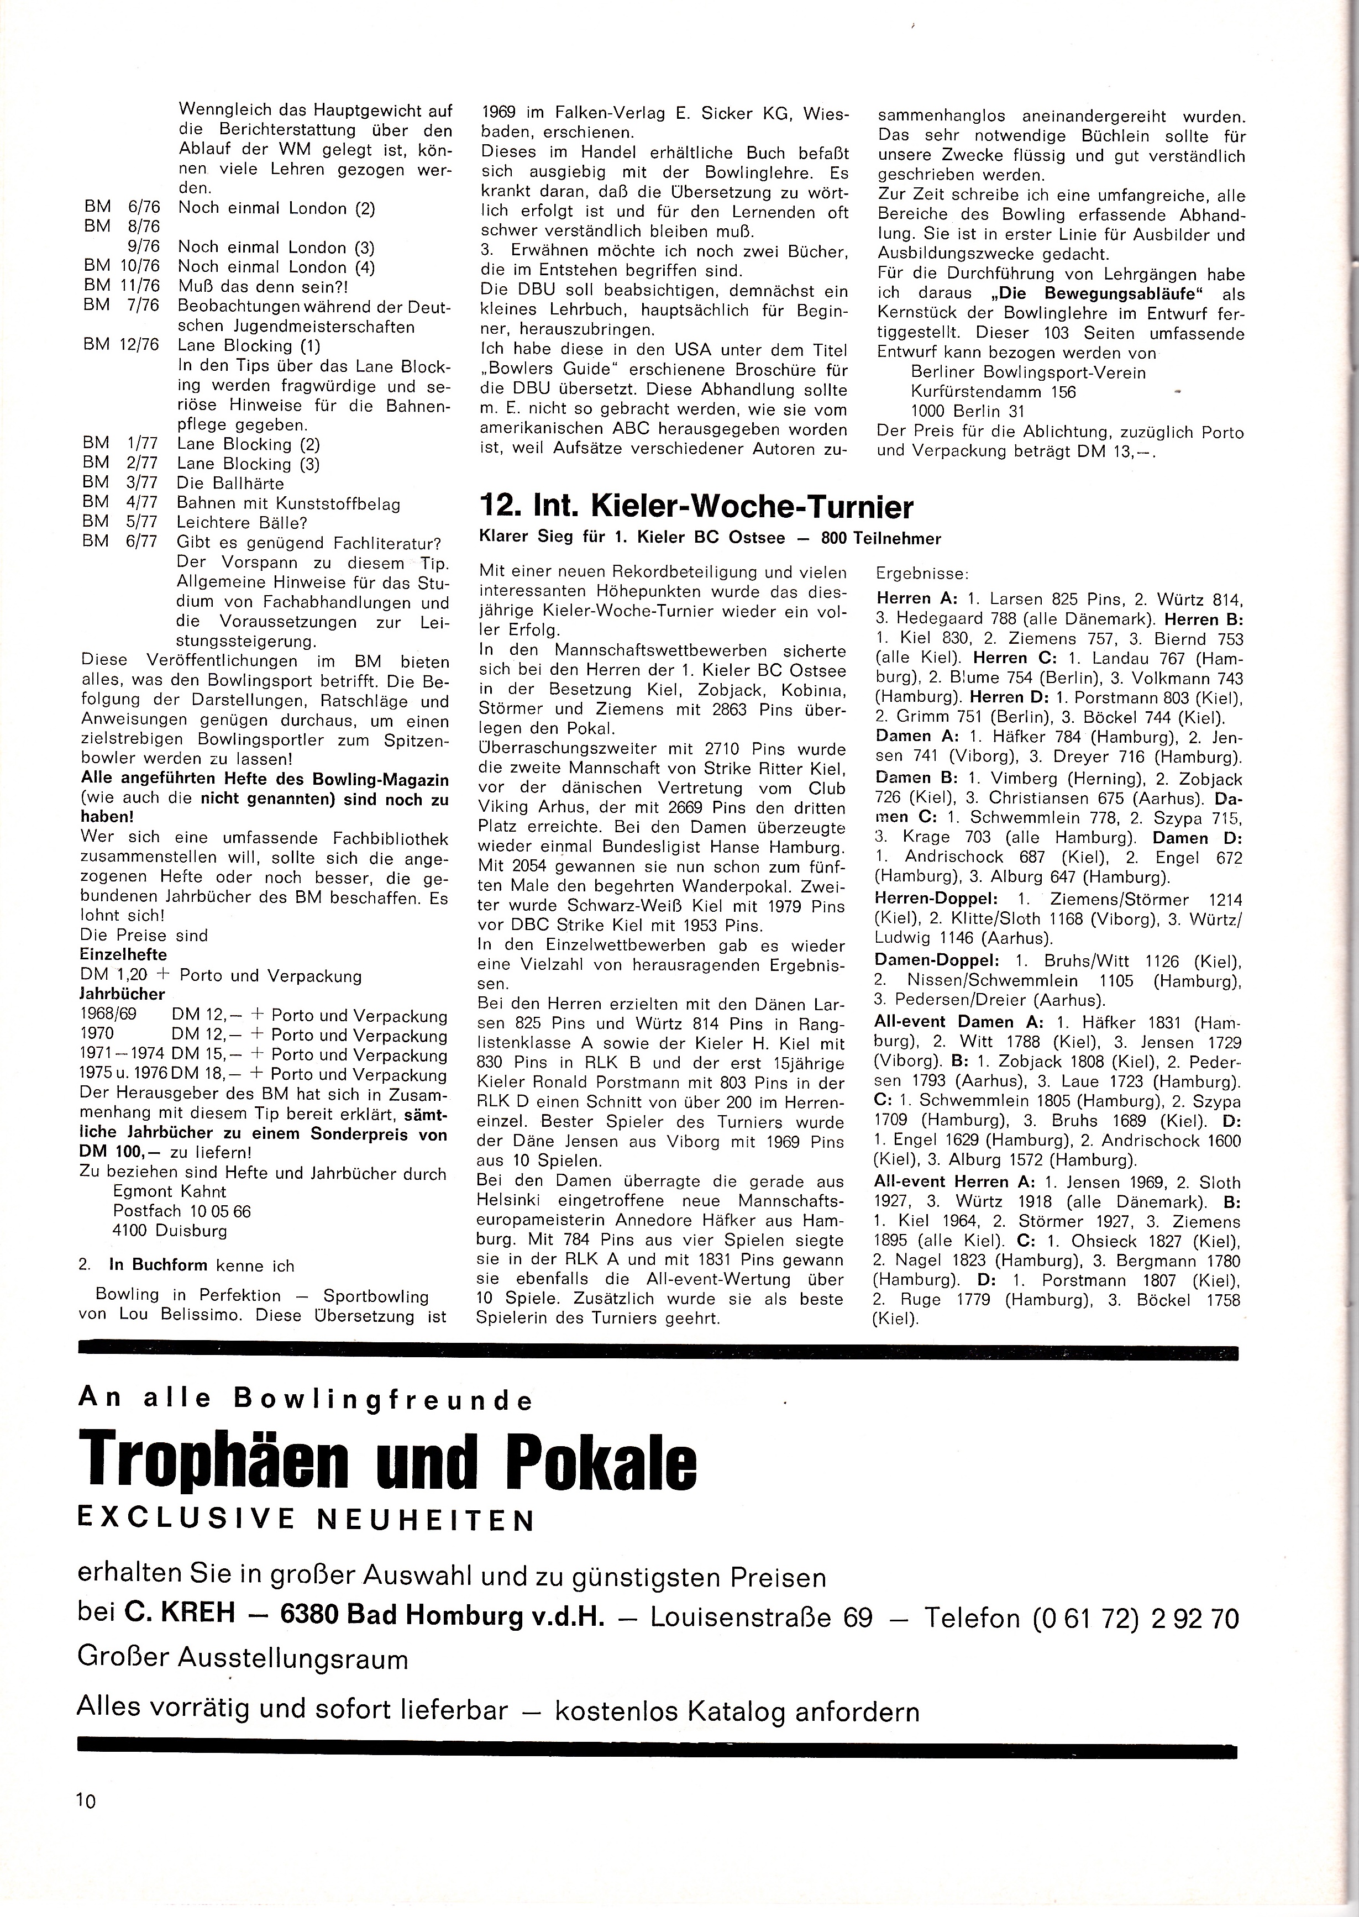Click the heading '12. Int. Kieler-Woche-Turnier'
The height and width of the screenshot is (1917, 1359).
pos(695,507)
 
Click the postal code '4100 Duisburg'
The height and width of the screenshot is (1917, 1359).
pos(170,1231)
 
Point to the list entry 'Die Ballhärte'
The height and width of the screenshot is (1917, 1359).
pos(230,484)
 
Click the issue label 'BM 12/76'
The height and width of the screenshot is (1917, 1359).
pos(122,345)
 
